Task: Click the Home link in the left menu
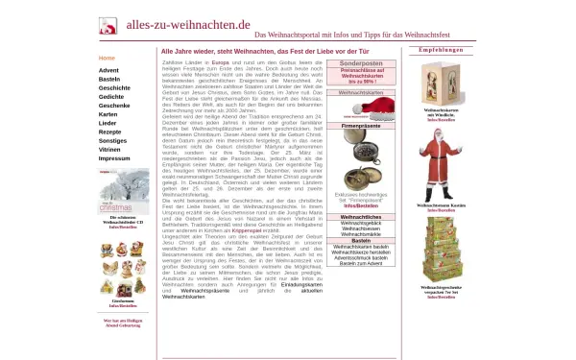[x=107, y=58]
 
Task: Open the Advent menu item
[x=108, y=70]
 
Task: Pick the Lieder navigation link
[x=108, y=123]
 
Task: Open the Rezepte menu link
[x=110, y=132]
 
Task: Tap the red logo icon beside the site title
[x=108, y=25]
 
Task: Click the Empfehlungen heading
[x=442, y=49]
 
